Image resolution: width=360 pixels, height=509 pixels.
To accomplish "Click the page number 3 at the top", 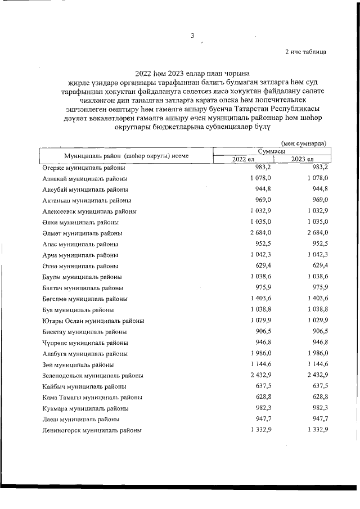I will tap(192, 35).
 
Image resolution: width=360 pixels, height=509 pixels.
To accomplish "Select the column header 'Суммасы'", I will tap(271, 151).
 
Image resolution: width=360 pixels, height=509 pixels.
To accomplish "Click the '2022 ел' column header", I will tap(243, 159).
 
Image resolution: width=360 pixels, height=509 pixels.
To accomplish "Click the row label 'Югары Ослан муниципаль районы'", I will tap(93, 321).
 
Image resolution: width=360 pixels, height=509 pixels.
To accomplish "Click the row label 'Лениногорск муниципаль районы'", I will tap(91, 430).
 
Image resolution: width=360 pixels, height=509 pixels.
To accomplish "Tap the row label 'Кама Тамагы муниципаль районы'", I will tap(92, 398).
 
